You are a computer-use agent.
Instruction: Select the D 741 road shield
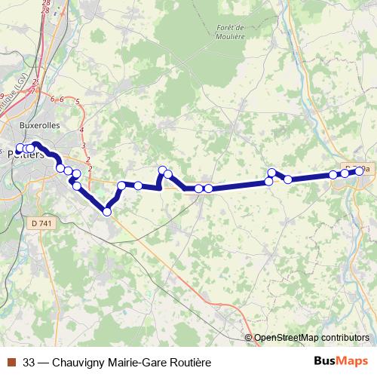pyautogui.click(x=45, y=223)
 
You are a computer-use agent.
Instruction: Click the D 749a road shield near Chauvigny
pyautogui.click(x=357, y=170)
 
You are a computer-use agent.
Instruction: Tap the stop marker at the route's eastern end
pyautogui.click(x=359, y=170)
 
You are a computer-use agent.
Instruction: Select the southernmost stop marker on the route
pyautogui.click(x=107, y=212)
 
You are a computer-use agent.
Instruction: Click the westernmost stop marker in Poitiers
pyautogui.click(x=20, y=149)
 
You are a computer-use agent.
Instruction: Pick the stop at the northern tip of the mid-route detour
pyautogui.click(x=162, y=170)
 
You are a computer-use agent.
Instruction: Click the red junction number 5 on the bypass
pyautogui.click(x=78, y=101)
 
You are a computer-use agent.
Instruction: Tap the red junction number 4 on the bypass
pyautogui.click(x=81, y=130)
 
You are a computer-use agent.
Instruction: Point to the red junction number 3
pyautogui.click(x=83, y=146)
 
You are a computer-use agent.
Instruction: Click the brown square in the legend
pyautogui.click(x=11, y=361)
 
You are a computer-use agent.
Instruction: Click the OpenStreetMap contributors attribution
pyautogui.click(x=311, y=338)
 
